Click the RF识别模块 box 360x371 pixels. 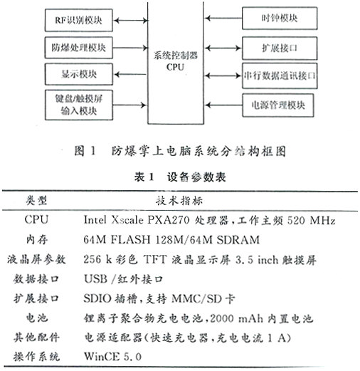(78, 20)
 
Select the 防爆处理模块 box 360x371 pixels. (78, 48)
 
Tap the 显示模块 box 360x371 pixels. (78, 74)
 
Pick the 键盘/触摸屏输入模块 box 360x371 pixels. (78, 105)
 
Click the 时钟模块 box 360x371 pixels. (280, 19)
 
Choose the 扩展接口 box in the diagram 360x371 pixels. (280, 48)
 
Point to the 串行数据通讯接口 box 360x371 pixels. (280, 75)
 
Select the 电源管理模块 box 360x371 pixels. (278, 105)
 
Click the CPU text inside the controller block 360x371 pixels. (175, 67)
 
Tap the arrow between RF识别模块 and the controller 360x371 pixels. (130, 21)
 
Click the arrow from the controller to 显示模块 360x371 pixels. (130, 75)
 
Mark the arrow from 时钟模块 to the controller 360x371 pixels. (223, 18)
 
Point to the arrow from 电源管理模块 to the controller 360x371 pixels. (223, 105)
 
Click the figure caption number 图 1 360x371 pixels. (85, 151)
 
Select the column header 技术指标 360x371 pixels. (179, 201)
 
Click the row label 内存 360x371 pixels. (37, 239)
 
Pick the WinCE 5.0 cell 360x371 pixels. (112, 356)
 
